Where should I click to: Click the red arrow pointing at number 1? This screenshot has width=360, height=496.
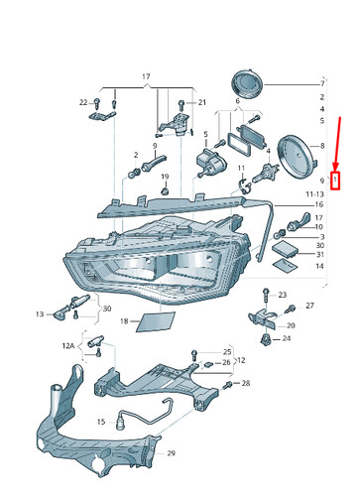click(x=338, y=144)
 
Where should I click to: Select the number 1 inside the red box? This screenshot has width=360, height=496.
click(x=335, y=180)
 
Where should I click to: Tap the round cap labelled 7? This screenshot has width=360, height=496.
click(x=247, y=83)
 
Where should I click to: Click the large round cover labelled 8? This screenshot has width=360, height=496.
click(x=297, y=157)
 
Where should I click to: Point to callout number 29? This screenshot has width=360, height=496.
click(x=171, y=453)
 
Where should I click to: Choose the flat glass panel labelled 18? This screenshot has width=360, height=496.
click(x=155, y=321)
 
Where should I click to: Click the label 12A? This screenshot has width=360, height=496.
click(x=67, y=346)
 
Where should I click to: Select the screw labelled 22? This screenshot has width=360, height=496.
click(x=96, y=103)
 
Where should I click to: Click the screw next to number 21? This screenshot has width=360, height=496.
click(x=181, y=105)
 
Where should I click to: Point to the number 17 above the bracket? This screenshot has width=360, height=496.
click(x=146, y=76)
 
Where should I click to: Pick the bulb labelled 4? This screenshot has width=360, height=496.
click(x=266, y=172)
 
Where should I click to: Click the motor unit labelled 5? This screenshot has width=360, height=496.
click(x=210, y=162)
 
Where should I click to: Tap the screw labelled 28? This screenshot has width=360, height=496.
click(x=228, y=385)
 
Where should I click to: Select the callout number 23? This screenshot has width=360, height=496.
click(x=282, y=295)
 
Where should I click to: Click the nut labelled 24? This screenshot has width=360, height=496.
click(x=266, y=339)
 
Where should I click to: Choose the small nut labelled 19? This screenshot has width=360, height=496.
click(x=165, y=190)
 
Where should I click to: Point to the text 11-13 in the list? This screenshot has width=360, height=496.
click(x=314, y=194)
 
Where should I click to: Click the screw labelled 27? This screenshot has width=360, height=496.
click(x=291, y=309)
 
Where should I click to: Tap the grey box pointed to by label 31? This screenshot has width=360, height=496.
click(x=285, y=249)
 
